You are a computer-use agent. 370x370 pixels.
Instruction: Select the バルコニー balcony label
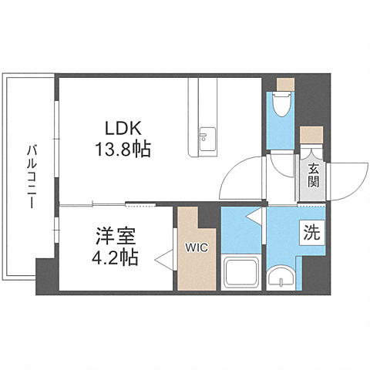pos(29,177)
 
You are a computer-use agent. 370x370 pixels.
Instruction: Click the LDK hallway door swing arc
pos(240,176)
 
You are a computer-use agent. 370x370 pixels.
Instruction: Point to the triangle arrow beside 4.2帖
pos(162,261)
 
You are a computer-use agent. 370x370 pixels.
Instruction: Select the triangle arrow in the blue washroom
pos(253,219)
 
